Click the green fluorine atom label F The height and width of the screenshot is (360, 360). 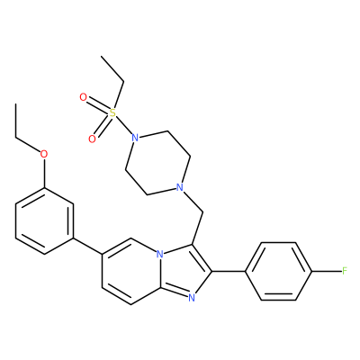[345, 272]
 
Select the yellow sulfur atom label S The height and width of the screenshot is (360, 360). [112, 113]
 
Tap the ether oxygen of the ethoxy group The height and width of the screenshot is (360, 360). [44, 154]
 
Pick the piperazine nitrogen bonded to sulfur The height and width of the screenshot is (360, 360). [135, 139]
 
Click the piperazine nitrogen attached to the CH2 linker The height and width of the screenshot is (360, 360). [179, 188]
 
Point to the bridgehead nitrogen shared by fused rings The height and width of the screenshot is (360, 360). [160, 256]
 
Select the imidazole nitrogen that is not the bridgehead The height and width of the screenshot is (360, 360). [192, 298]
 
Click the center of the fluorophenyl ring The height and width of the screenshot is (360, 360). [278, 272]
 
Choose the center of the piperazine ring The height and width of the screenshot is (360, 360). [157, 163]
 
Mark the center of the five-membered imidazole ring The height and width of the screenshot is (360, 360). [184, 271]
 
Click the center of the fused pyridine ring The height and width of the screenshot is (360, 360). [130, 272]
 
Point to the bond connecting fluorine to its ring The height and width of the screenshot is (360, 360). [327, 272]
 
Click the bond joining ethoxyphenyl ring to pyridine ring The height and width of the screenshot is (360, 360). [87, 247]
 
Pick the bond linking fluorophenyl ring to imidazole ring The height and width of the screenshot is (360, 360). [229, 272]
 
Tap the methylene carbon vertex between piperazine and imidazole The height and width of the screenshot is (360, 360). [203, 212]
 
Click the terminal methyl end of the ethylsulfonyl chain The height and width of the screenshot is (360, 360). [102, 56]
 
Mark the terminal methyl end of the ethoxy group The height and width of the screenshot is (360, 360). [15, 104]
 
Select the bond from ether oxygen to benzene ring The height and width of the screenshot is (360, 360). [44, 173]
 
